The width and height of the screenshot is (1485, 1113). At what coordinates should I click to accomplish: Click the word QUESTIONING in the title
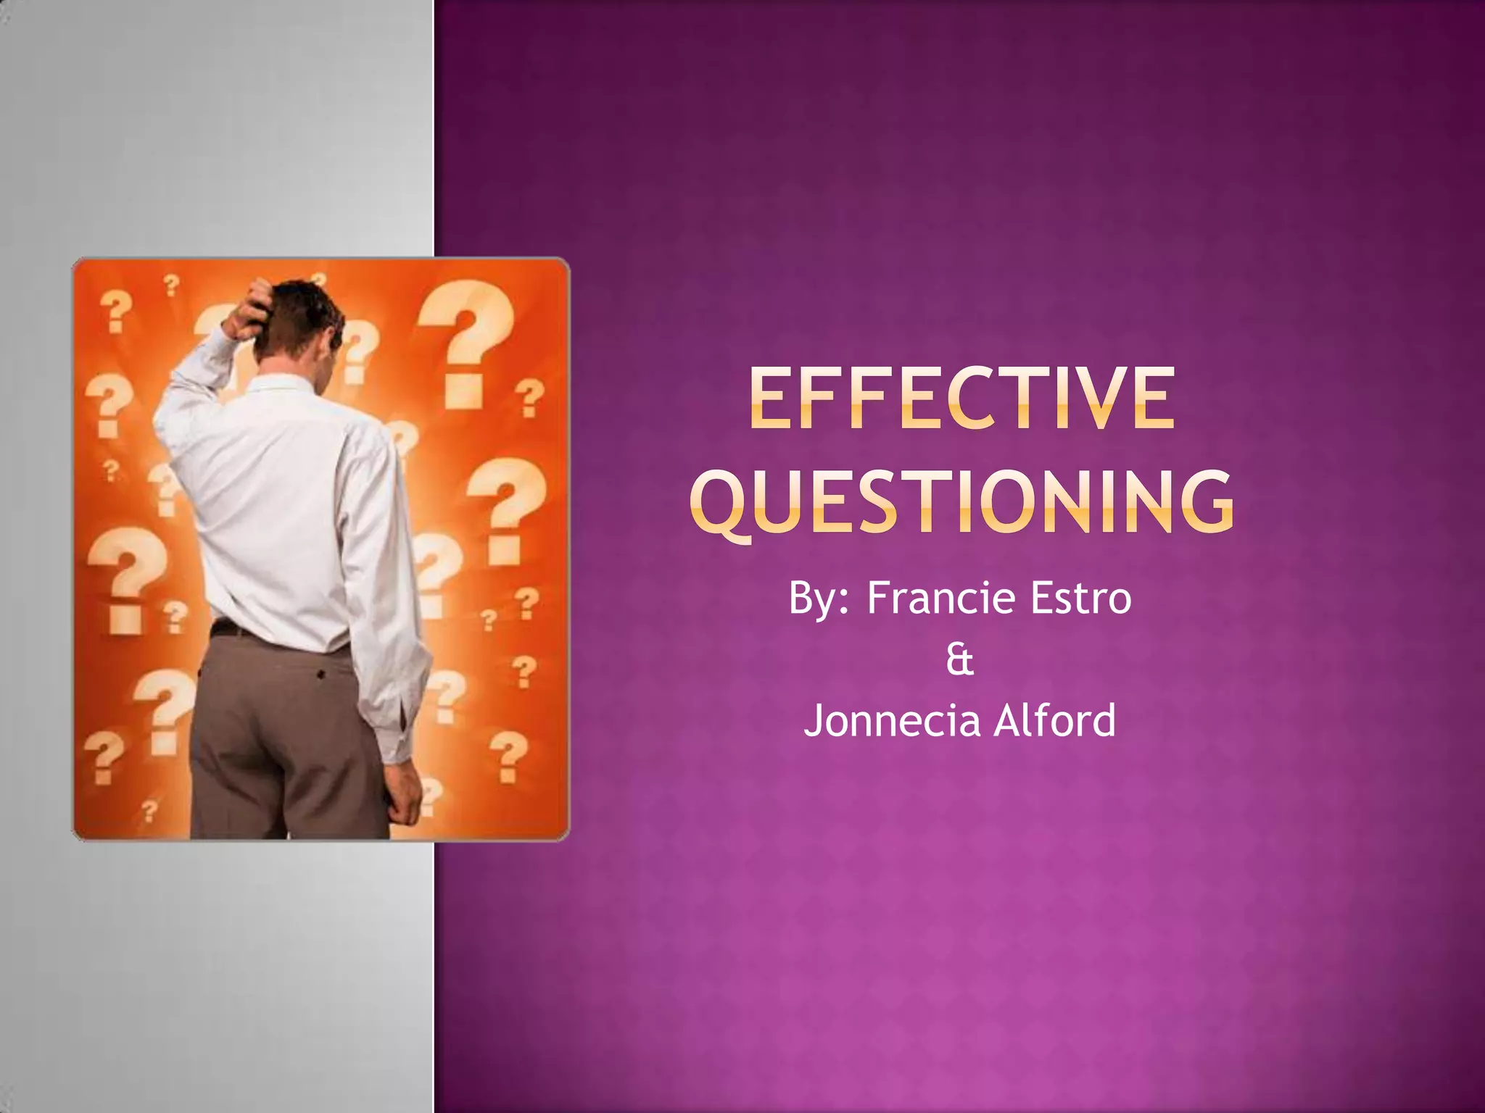tap(961, 501)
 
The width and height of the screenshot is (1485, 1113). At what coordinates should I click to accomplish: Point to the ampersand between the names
tap(959, 660)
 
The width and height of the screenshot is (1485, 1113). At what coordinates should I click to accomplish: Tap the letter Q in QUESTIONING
tap(719, 503)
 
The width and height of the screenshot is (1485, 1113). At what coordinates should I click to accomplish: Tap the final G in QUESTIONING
tap(1204, 501)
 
